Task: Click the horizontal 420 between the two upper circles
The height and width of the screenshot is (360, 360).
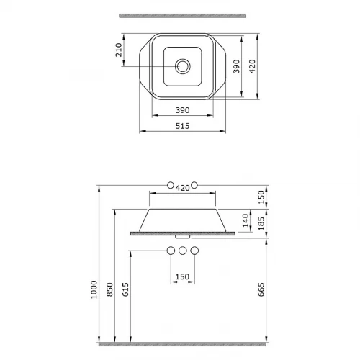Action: pos(182,187)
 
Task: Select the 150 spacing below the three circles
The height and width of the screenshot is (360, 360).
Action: pos(182,276)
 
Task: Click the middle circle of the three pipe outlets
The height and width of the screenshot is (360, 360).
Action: pos(182,251)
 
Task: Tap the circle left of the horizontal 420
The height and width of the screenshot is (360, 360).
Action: pos(170,185)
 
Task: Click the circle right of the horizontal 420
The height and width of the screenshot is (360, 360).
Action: pos(194,185)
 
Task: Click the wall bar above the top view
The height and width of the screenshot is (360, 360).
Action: pos(182,14)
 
